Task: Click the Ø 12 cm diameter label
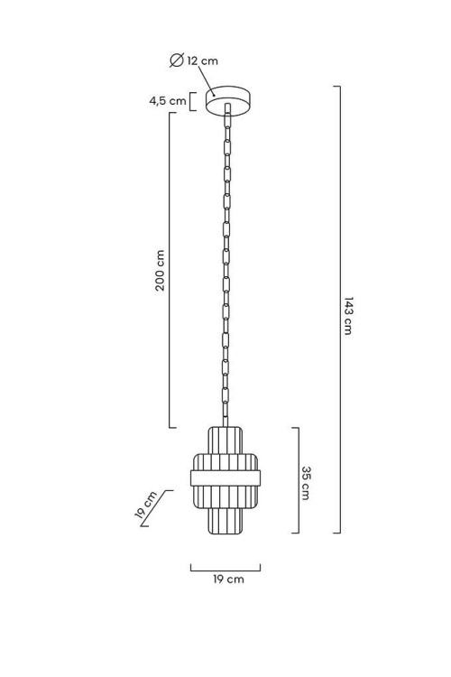[x=194, y=60]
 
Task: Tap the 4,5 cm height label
[x=168, y=101]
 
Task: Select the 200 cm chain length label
[x=161, y=270]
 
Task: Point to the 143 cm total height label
[x=348, y=316]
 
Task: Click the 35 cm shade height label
[x=306, y=483]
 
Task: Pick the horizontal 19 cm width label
[x=228, y=579]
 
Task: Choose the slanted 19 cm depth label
[x=145, y=505]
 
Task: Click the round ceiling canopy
[x=228, y=101]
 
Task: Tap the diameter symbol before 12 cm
[x=177, y=60]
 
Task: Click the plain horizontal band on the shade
[x=225, y=478]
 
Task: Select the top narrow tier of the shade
[x=225, y=440]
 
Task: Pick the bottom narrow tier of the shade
[x=225, y=520]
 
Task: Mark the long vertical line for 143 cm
[x=340, y=310]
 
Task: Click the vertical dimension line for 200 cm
[x=170, y=270]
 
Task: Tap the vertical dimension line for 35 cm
[x=299, y=480]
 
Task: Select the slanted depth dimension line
[x=157, y=508]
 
